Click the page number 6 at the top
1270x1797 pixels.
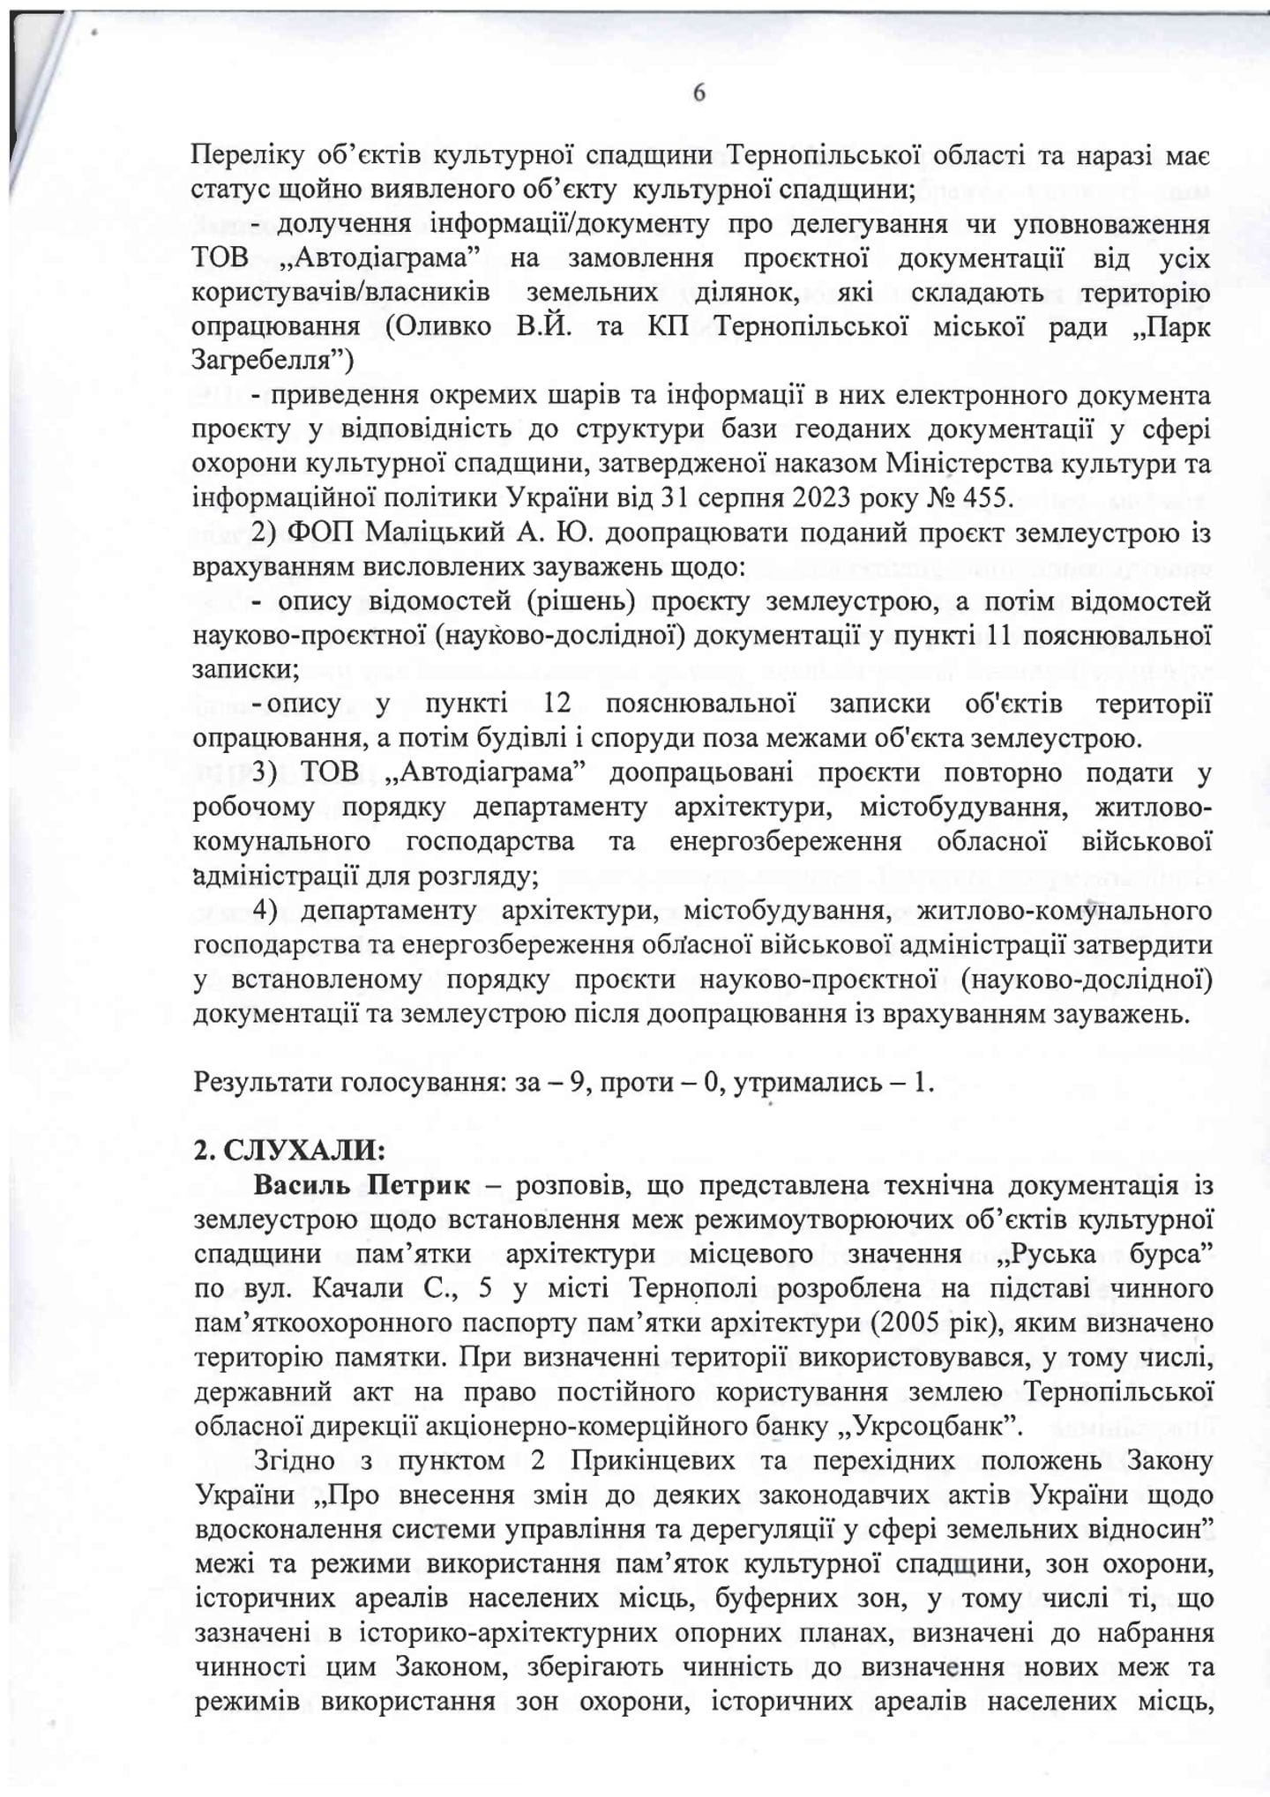click(x=699, y=94)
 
